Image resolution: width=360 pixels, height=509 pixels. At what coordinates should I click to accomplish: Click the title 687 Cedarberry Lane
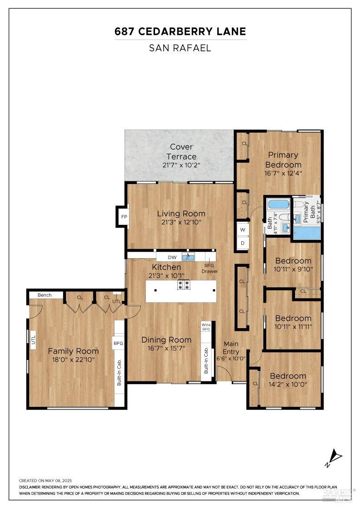pos(180,31)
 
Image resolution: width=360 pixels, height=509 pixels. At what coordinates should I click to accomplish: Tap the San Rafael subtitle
pos(180,48)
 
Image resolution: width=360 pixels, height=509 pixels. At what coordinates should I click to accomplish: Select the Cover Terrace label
pos(181,152)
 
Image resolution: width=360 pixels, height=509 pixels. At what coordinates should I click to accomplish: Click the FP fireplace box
pos(124,217)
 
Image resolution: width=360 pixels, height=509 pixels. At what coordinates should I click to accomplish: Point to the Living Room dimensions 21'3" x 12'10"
pos(181,222)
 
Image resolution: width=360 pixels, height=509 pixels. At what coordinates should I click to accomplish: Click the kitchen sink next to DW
pos(188,257)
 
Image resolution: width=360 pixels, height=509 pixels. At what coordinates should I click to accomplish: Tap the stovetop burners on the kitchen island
pos(184,285)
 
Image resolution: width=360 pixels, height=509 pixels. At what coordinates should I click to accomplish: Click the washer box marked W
pos(243,230)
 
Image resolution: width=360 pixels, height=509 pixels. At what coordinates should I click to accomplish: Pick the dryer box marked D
pos(243,243)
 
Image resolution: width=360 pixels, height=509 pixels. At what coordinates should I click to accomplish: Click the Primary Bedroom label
pos(283,160)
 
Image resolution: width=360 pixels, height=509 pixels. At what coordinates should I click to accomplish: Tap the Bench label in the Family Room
pos(45,295)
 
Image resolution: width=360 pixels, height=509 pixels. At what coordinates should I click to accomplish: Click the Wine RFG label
pos(206,327)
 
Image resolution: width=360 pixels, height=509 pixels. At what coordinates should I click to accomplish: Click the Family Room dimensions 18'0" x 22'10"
pos(73,359)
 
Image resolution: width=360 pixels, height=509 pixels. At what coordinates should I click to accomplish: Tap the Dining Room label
pos(166,339)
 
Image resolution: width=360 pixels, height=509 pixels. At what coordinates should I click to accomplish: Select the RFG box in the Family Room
pos(118,344)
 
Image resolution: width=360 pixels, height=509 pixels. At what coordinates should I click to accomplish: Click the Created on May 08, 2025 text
pos(45,480)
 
